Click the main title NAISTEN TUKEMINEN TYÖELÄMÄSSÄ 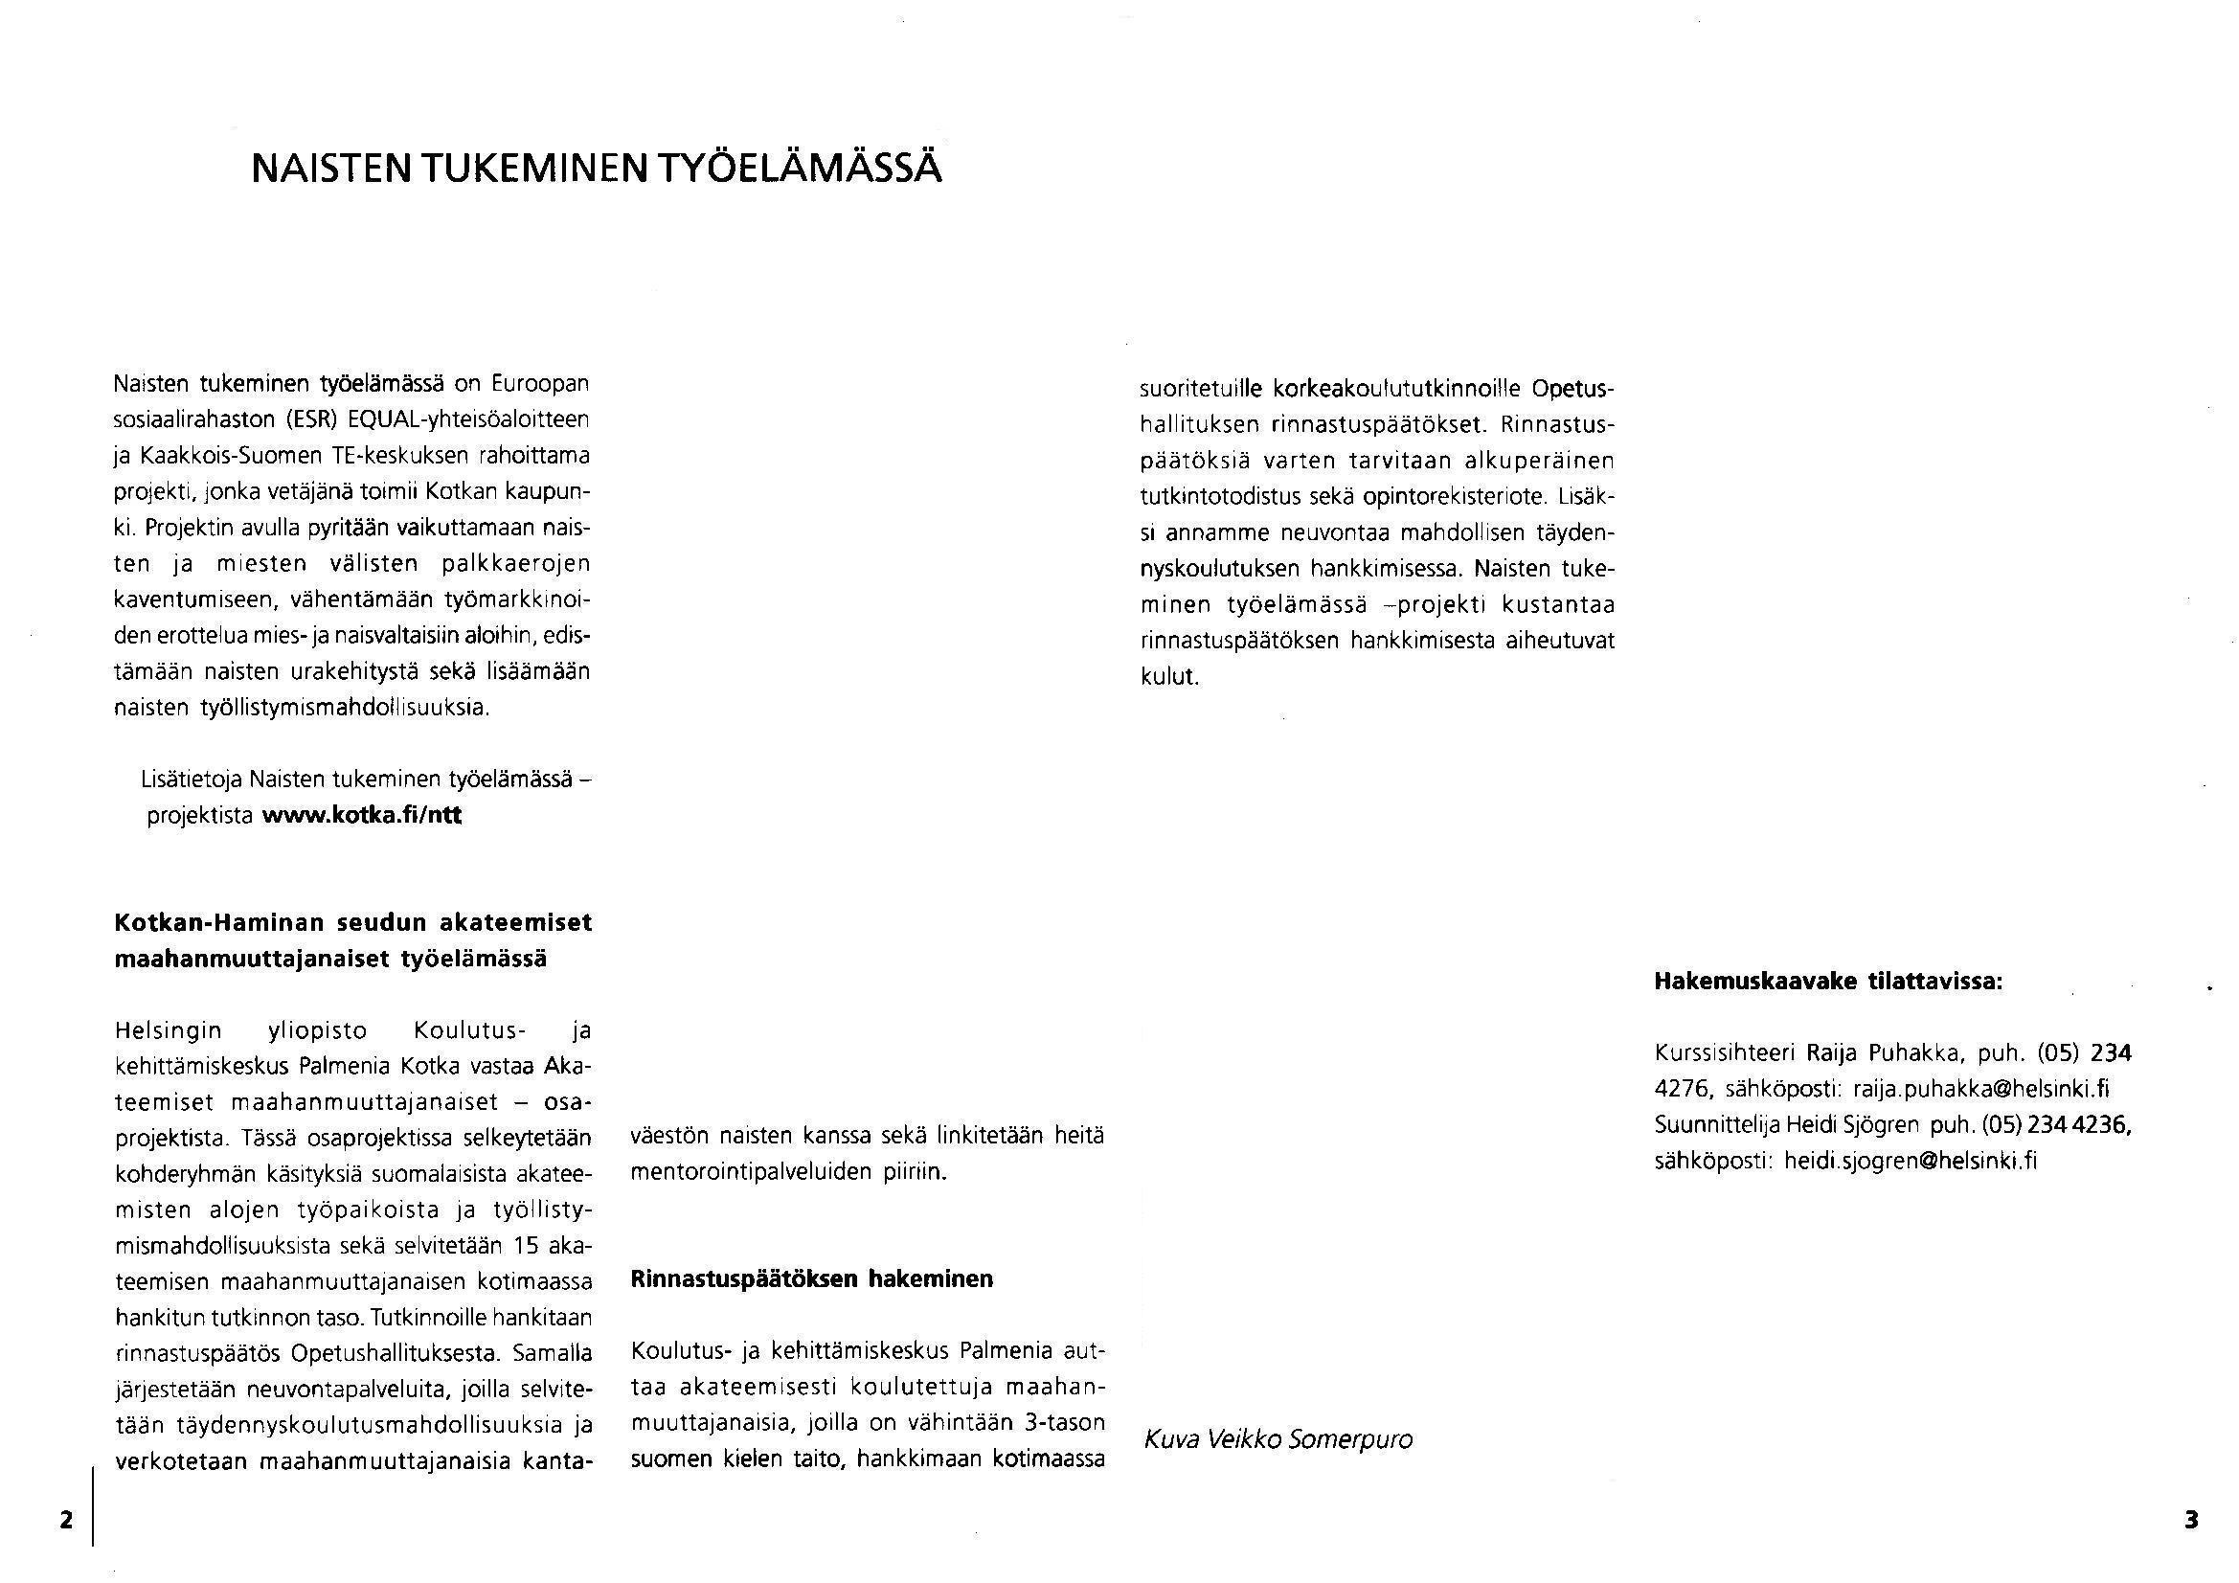click(596, 168)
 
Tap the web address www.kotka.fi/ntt click(362, 815)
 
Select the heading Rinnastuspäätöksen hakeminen click(811, 1278)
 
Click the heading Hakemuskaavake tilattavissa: click(1828, 982)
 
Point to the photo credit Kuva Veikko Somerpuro click(1278, 1439)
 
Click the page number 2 click(66, 1520)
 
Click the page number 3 click(2191, 1520)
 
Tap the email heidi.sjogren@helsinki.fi click(1911, 1161)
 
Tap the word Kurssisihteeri click(1725, 1053)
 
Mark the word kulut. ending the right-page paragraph click(1169, 677)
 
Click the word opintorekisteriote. click(1454, 497)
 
